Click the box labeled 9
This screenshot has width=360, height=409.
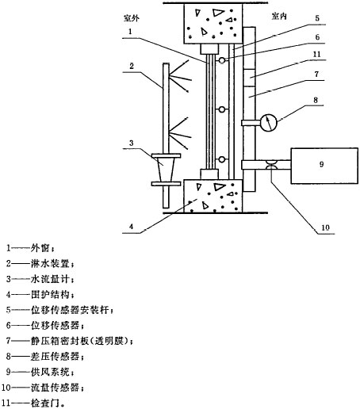(x=324, y=166)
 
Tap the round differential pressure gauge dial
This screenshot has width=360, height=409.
(x=268, y=122)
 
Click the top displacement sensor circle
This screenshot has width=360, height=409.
(x=222, y=60)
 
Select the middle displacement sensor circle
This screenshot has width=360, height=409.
(x=222, y=109)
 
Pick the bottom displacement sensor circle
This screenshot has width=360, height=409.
(x=222, y=159)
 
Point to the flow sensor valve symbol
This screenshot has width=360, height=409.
(x=272, y=165)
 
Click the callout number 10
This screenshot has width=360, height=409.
(x=325, y=227)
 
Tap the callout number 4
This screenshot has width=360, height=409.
(x=131, y=227)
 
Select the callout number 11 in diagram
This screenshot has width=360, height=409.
(x=316, y=55)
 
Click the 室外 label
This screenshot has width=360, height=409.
(x=132, y=18)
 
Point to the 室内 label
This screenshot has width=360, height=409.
(x=279, y=17)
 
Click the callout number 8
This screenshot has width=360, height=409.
(x=316, y=100)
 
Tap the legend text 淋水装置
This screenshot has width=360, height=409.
(x=50, y=264)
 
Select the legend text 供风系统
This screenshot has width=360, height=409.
(x=50, y=372)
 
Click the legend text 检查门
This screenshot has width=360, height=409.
(x=45, y=403)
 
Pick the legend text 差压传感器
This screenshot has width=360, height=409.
(x=55, y=357)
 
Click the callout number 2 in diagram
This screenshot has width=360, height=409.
(x=132, y=66)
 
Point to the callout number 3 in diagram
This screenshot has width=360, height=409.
(x=132, y=143)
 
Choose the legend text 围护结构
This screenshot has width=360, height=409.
(x=50, y=295)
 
